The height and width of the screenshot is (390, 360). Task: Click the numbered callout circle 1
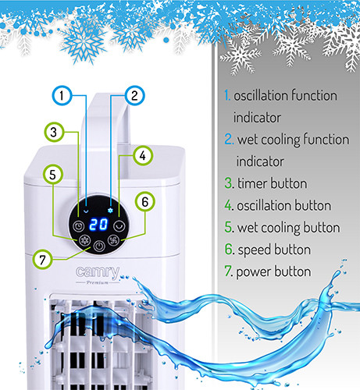pyautogui.click(x=62, y=95)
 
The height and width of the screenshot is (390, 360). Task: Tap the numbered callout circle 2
pyautogui.click(x=134, y=95)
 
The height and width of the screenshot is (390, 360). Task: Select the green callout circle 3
pyautogui.click(x=54, y=132)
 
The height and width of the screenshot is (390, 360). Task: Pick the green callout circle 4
pyautogui.click(x=142, y=155)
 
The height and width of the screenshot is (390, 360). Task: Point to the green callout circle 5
pyautogui.click(x=53, y=174)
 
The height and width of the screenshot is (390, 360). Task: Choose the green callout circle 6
pyautogui.click(x=144, y=201)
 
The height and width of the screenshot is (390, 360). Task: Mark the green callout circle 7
pyautogui.click(x=43, y=259)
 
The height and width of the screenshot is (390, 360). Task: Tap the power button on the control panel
pyautogui.click(x=99, y=246)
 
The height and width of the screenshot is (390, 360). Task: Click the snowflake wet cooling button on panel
pyautogui.click(x=84, y=240)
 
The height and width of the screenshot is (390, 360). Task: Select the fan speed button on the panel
pyautogui.click(x=114, y=240)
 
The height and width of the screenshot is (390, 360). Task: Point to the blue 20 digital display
pyautogui.click(x=98, y=224)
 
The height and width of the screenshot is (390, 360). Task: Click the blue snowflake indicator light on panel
pyautogui.click(x=111, y=211)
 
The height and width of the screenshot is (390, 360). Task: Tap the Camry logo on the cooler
pyautogui.click(x=98, y=272)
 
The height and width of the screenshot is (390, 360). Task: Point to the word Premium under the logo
pyautogui.click(x=97, y=282)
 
